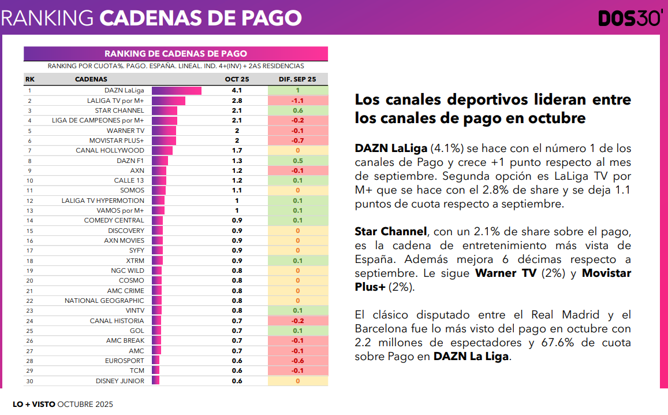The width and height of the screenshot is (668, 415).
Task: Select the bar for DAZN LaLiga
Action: coord(177,90)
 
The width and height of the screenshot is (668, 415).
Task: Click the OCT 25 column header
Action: coord(237,79)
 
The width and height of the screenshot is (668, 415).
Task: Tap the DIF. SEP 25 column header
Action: coord(297,79)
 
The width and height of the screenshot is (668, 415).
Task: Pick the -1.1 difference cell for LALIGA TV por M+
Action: coord(297,101)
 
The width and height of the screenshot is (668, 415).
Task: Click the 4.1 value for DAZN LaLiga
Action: coord(237,90)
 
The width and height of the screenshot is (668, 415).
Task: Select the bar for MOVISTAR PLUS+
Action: coord(164,140)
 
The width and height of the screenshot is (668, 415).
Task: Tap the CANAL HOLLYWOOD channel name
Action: coord(110,150)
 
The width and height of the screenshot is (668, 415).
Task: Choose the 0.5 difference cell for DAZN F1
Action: coord(297,161)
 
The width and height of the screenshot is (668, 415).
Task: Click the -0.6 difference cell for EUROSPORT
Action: coord(297,361)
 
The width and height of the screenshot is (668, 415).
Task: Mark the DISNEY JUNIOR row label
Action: coord(120,381)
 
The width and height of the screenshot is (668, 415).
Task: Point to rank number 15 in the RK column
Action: coord(29,231)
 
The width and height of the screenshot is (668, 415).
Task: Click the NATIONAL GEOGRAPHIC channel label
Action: coord(104,301)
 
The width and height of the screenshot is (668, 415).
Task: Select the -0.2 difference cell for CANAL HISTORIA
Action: coord(297,321)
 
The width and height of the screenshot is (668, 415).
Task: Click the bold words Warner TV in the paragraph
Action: coord(505,273)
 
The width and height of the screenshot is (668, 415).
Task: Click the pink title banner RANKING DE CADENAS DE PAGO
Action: coord(176,54)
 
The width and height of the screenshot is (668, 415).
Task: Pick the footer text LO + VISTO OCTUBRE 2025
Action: coord(63,404)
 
